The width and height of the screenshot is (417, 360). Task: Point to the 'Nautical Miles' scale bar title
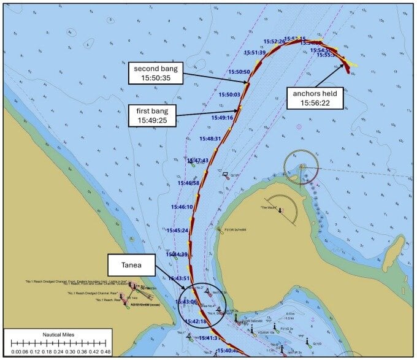click(58, 335)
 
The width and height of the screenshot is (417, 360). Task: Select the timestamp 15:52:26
click(274, 42)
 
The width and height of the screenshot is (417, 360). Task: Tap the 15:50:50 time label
click(239, 72)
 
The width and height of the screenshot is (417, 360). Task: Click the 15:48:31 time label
click(209, 139)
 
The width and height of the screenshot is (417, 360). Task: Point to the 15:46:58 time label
click(188, 183)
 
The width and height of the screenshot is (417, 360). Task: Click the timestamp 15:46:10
click(182, 207)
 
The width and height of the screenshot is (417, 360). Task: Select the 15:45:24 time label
click(178, 231)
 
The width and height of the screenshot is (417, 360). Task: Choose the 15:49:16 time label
click(222, 118)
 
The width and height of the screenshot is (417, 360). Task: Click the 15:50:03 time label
click(229, 95)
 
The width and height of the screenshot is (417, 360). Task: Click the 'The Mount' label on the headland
click(271, 207)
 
